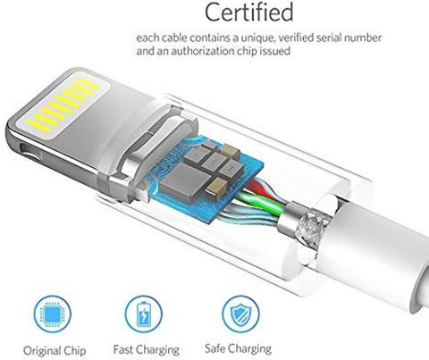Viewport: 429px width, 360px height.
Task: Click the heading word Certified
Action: point(249,12)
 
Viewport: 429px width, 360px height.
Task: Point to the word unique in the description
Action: point(257,38)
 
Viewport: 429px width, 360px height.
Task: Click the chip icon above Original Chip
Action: point(53,314)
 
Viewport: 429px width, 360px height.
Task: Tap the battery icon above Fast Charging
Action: point(144,314)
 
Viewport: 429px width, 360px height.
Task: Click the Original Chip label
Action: point(55,350)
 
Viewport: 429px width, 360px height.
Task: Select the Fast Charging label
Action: point(147,349)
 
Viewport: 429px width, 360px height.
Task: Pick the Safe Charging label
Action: point(238,348)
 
